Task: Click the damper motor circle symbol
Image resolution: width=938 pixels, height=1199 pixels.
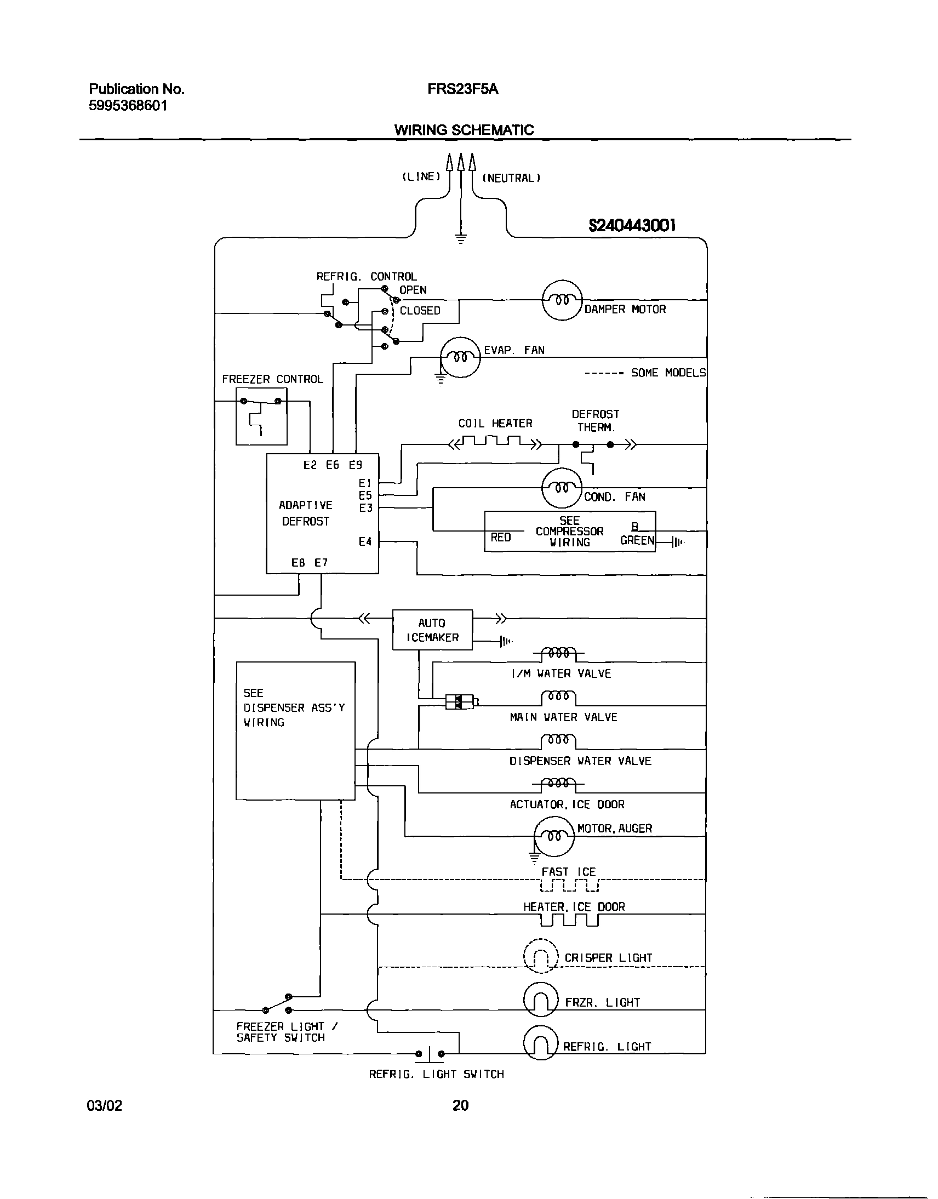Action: coord(562,300)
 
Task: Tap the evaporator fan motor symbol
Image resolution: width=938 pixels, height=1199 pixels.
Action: coord(460,357)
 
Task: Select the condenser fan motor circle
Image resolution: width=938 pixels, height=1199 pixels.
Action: coord(561,488)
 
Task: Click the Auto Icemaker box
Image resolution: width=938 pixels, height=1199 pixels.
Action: coord(432,630)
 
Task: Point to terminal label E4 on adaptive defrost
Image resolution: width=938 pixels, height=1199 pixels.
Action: coord(365,541)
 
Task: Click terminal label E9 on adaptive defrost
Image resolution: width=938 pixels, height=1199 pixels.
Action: coord(356,465)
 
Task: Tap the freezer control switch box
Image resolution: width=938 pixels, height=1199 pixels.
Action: coord(261,416)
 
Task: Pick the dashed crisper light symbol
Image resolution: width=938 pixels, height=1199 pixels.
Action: coord(540,956)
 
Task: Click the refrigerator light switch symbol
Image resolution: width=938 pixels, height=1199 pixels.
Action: coord(430,1053)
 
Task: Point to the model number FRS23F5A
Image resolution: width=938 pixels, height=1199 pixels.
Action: coord(462,89)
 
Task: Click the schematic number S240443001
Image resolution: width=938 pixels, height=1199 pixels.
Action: coord(632,225)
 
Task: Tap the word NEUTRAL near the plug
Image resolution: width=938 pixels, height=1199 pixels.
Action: coord(511,178)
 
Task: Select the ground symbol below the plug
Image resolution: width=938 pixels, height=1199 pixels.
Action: coord(461,238)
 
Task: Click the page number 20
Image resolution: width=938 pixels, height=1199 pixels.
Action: coord(460,1105)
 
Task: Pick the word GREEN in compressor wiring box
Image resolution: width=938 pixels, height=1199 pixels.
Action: coord(637,540)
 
